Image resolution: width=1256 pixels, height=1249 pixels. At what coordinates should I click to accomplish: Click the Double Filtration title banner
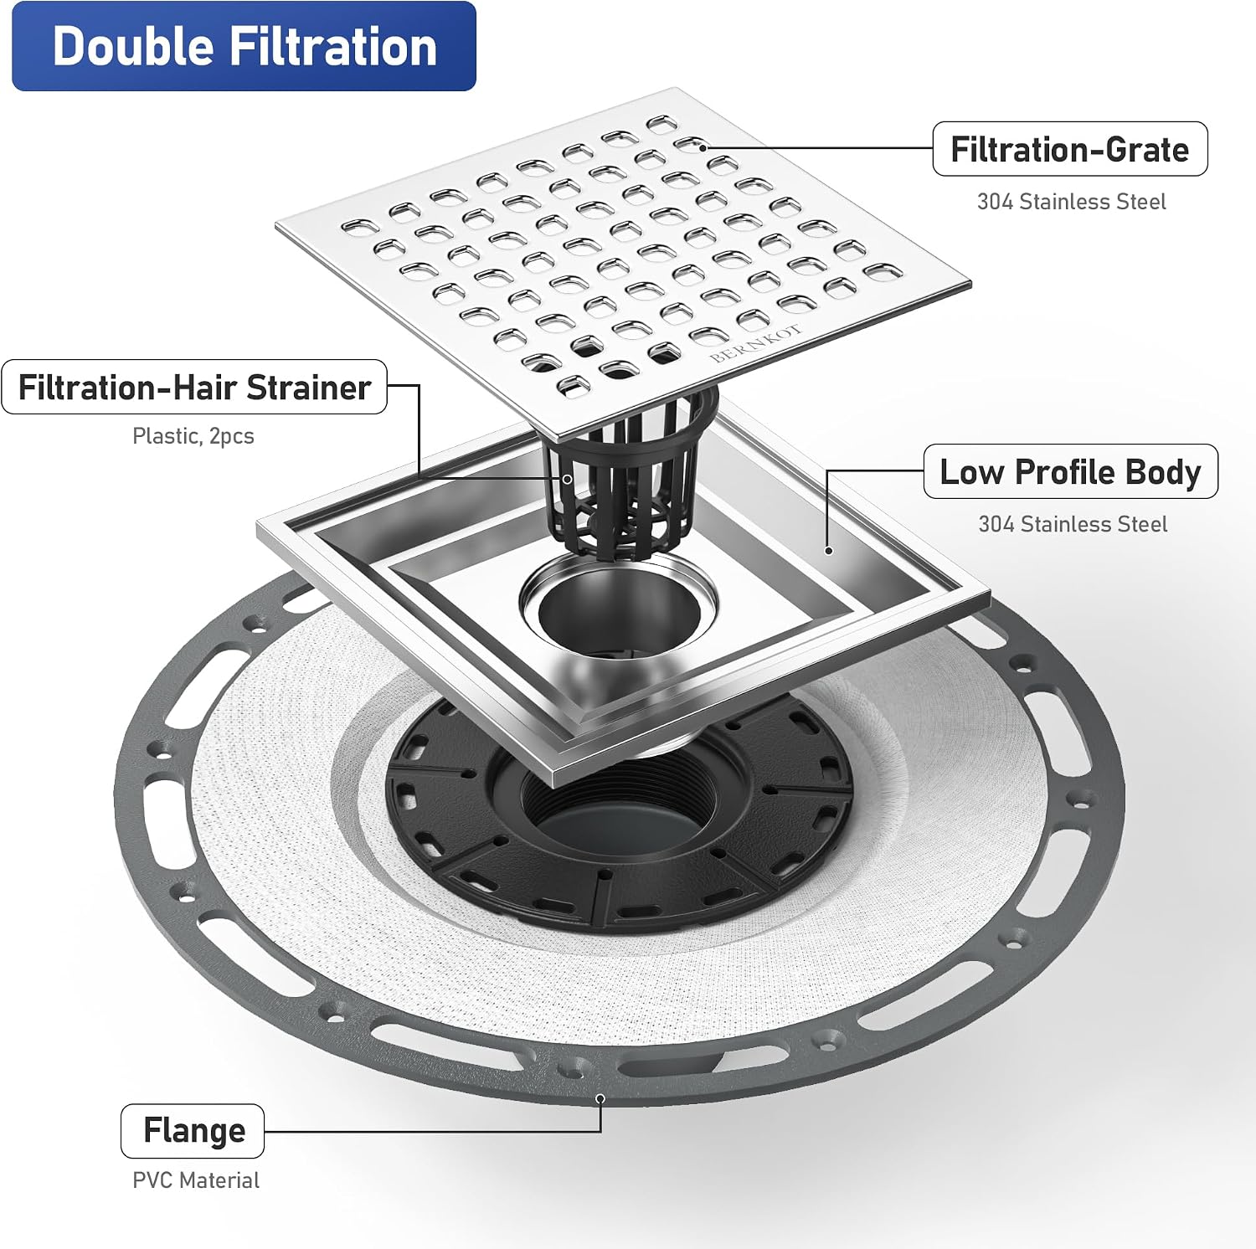coord(244,46)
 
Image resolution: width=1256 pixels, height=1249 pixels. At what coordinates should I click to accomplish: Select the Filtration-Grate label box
coord(1070,149)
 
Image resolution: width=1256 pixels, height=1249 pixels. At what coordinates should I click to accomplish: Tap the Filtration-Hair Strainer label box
coord(194,387)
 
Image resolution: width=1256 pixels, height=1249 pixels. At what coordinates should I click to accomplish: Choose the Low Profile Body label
coord(1071,471)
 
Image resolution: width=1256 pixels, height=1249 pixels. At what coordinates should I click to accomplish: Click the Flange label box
coord(193,1130)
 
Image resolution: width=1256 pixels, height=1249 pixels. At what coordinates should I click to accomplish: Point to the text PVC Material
coord(196,1180)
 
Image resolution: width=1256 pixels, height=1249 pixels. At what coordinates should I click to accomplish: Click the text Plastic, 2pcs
coord(193,436)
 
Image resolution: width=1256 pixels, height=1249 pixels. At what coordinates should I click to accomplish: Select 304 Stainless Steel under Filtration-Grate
coord(1072,202)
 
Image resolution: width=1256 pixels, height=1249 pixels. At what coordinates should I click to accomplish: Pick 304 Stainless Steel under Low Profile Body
coord(1073,524)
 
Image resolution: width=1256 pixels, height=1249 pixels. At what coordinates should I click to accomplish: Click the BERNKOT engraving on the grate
coord(756,343)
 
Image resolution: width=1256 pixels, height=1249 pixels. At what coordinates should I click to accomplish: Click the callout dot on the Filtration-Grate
coord(703,147)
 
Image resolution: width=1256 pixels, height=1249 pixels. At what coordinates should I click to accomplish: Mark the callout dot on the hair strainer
coord(567,479)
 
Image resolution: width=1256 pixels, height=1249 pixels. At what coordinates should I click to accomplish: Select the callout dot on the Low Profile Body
coord(828,550)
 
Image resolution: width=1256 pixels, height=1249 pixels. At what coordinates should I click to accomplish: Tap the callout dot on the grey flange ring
coord(600,1098)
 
